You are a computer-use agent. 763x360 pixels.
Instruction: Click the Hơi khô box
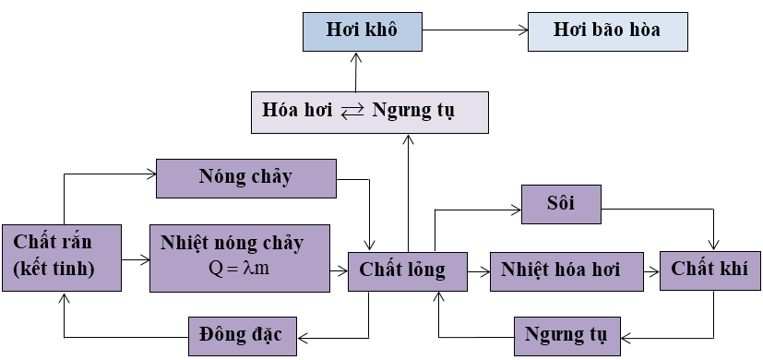tap(362, 30)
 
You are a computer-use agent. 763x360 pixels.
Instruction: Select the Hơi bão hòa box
tap(607, 30)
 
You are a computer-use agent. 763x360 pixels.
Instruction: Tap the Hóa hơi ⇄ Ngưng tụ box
tap(369, 112)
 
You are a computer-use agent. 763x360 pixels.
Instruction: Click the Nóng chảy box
tap(246, 177)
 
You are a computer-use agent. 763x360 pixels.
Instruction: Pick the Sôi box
tap(561, 203)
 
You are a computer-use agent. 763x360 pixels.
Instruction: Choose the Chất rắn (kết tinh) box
tap(61, 258)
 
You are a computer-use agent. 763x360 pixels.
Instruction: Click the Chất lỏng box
tap(403, 270)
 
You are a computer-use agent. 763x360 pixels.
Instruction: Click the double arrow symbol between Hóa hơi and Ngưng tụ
tap(352, 113)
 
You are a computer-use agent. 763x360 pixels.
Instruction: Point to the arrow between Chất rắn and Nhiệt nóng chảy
tap(135, 260)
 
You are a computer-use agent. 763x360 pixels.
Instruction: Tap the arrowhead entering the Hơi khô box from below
tap(355, 57)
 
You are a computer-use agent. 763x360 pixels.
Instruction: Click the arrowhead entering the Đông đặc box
tap(302, 334)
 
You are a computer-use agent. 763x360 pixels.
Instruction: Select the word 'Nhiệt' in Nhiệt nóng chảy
tap(182, 244)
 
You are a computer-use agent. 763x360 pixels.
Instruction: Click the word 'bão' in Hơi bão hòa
tap(605, 30)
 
